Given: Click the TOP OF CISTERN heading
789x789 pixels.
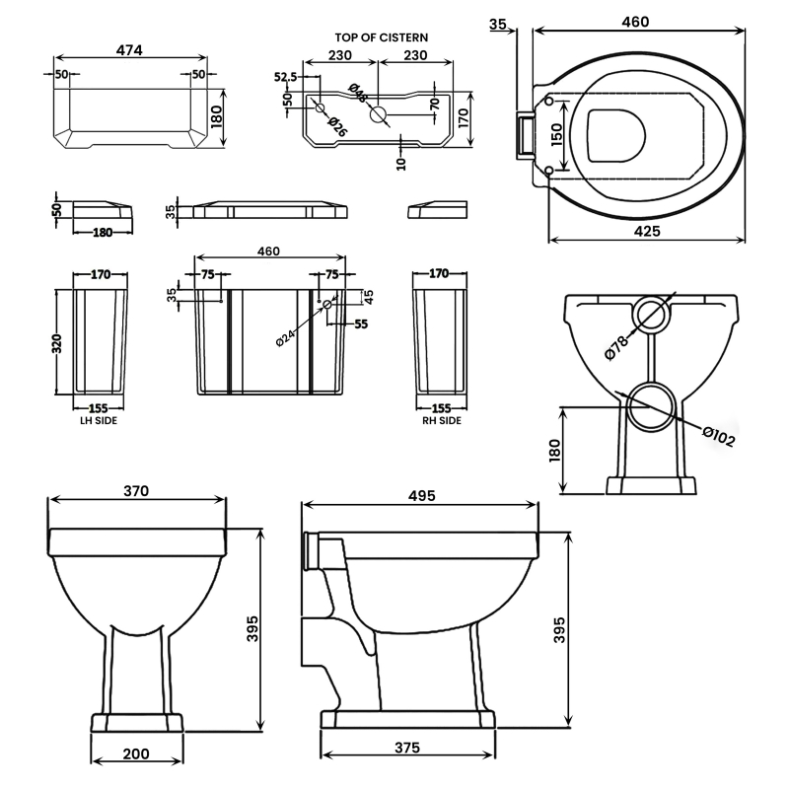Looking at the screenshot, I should point(380,36).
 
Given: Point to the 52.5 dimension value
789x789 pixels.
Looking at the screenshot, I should point(286,76).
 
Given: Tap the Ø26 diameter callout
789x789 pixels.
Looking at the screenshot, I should point(335,126).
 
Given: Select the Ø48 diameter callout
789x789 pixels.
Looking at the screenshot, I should point(358,95).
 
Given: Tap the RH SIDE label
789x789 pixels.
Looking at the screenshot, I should point(442,420).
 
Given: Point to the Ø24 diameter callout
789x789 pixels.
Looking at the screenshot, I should point(285,335).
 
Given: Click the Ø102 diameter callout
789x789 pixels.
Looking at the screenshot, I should point(719,435).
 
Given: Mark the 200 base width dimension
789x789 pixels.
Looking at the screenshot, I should point(136,754).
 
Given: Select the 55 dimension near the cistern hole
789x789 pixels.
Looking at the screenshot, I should point(361,323).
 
